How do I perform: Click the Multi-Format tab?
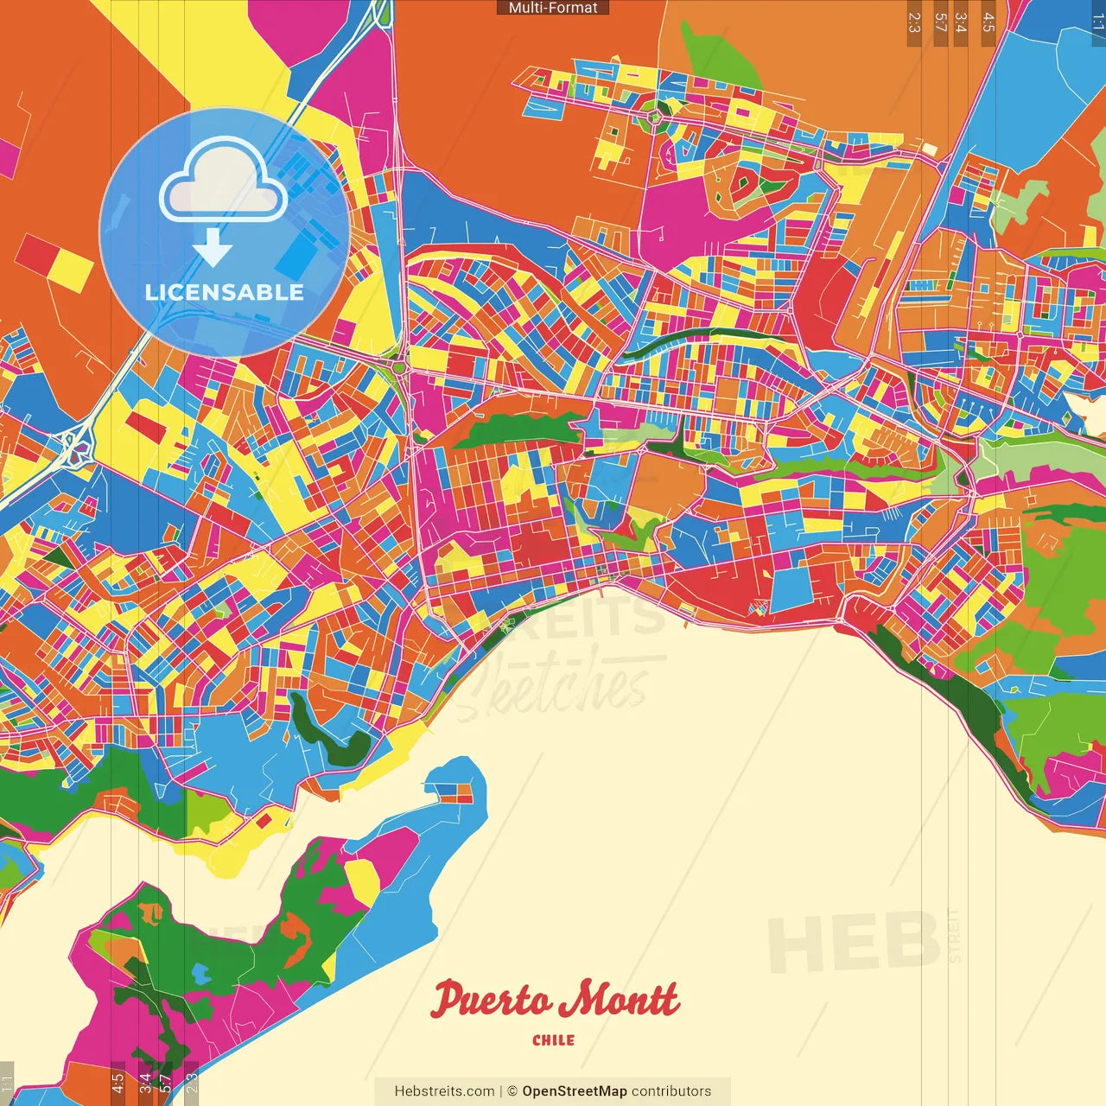[x=553, y=8]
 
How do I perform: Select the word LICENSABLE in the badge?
[x=225, y=292]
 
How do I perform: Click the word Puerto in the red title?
[x=491, y=1000]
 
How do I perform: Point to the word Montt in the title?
[x=617, y=1000]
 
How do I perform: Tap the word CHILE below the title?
[x=553, y=1040]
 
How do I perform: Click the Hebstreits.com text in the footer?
[x=444, y=1091]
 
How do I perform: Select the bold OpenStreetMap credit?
[x=575, y=1091]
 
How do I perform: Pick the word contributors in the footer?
[x=671, y=1091]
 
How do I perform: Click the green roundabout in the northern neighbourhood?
[x=656, y=117]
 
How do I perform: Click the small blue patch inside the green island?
[x=200, y=974]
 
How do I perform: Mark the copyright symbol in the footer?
[x=512, y=1091]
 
